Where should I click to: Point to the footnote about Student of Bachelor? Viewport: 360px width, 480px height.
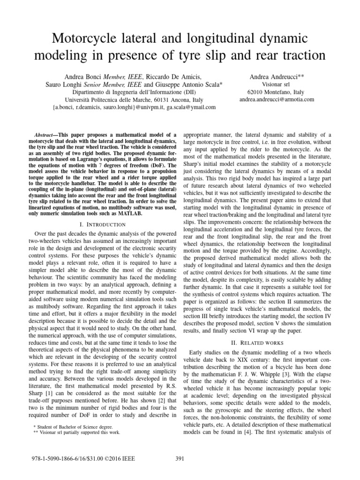pos(67,426)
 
